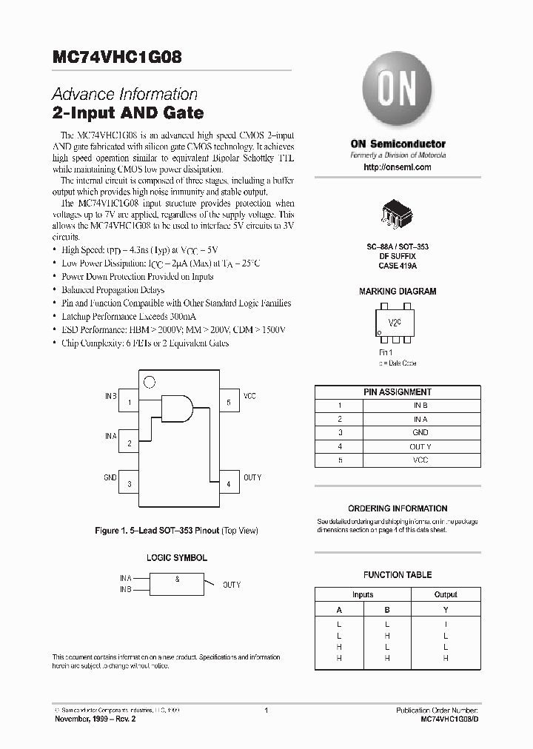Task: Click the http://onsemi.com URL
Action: coord(398,167)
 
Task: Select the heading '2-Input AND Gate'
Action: coord(127,114)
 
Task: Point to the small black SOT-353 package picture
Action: coord(397,212)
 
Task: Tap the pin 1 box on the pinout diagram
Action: coord(130,403)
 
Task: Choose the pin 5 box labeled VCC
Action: coord(229,403)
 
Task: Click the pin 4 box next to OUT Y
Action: coord(229,484)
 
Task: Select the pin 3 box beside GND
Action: coord(130,484)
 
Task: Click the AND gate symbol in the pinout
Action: coord(178,408)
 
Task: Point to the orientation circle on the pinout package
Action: coord(148,383)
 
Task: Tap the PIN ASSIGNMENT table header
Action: coord(397,392)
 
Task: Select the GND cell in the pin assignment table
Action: coord(420,432)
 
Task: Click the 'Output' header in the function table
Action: coord(446,594)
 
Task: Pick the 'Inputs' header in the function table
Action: coord(363,594)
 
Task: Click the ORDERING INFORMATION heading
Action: coord(398,508)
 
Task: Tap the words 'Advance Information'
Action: coord(124,95)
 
